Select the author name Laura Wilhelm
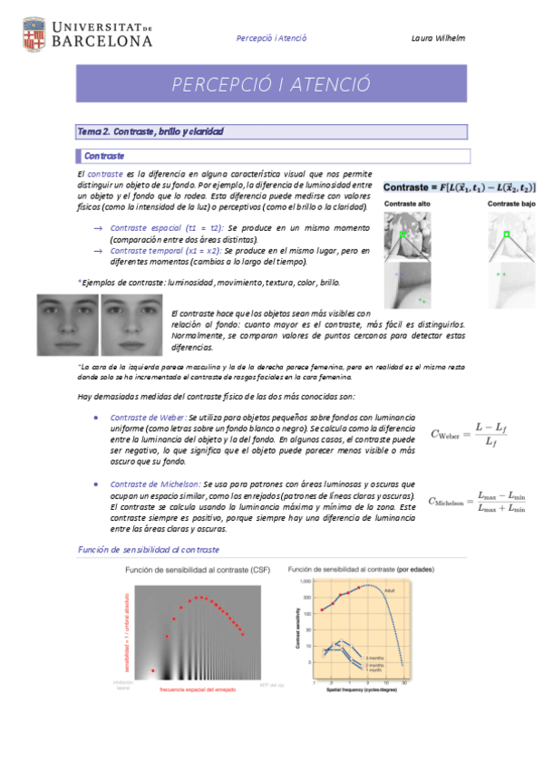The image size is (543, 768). point(437,38)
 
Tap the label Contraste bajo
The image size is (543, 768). point(510,205)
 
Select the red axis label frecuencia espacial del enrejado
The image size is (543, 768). point(199,690)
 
